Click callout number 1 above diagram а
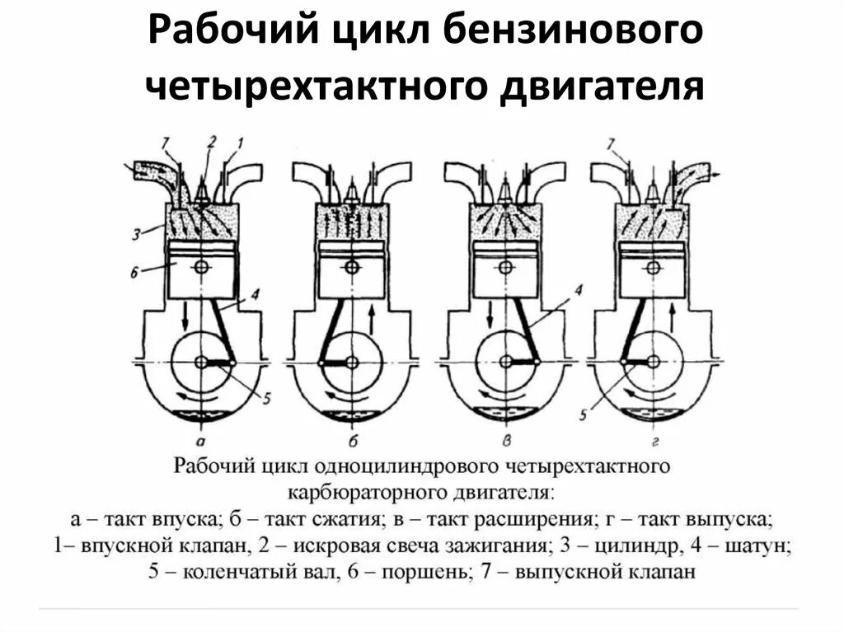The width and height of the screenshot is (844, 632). pos(242,142)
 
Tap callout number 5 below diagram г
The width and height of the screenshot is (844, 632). pos(584,414)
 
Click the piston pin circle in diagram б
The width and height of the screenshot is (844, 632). pos(352,267)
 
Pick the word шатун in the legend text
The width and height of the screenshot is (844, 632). pos(762,545)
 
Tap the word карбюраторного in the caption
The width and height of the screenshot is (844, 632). pos(366,494)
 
